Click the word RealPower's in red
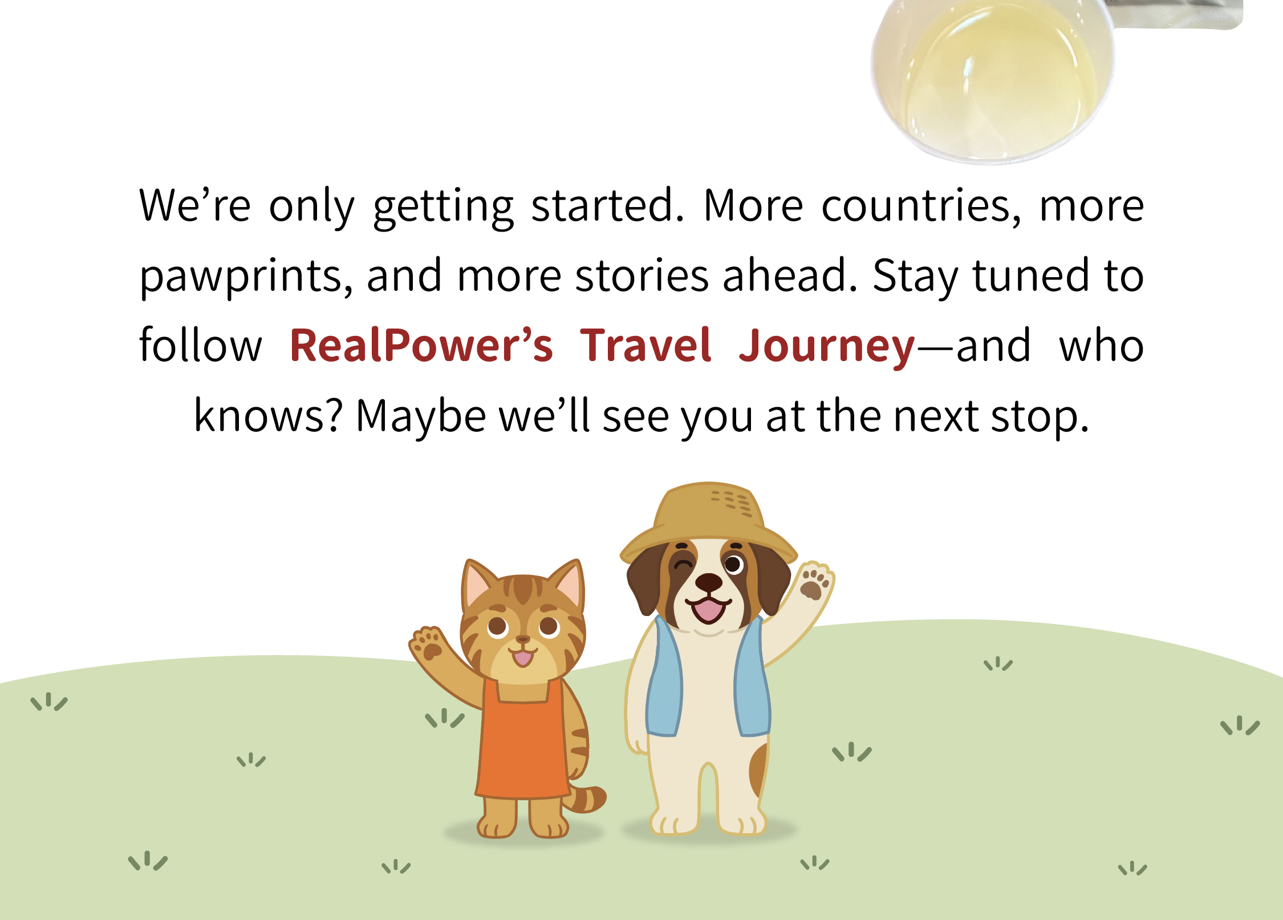(x=421, y=346)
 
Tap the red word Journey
(x=827, y=347)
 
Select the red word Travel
(x=645, y=345)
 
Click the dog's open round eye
(x=734, y=565)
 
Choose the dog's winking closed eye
(x=682, y=566)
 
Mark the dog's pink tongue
(x=708, y=610)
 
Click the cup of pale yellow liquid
(x=992, y=80)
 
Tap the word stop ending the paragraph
(x=1040, y=418)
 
